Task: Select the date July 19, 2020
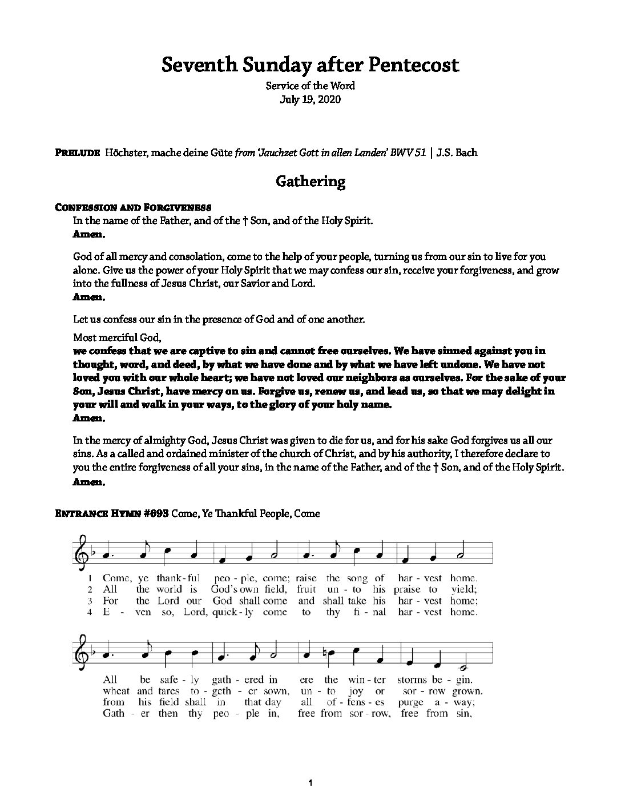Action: pyautogui.click(x=310, y=99)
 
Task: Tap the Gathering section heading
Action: pyautogui.click(x=310, y=182)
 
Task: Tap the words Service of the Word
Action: pyautogui.click(x=310, y=86)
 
